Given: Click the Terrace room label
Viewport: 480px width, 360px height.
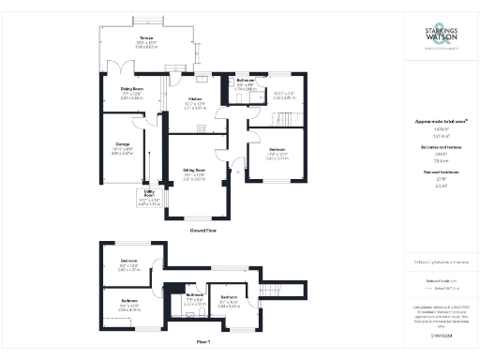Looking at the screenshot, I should (147, 40).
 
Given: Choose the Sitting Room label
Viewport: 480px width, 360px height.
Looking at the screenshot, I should (194, 172).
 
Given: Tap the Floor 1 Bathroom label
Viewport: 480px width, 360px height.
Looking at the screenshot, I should (194, 294).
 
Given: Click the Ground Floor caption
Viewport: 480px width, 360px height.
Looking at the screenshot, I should (204, 230).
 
